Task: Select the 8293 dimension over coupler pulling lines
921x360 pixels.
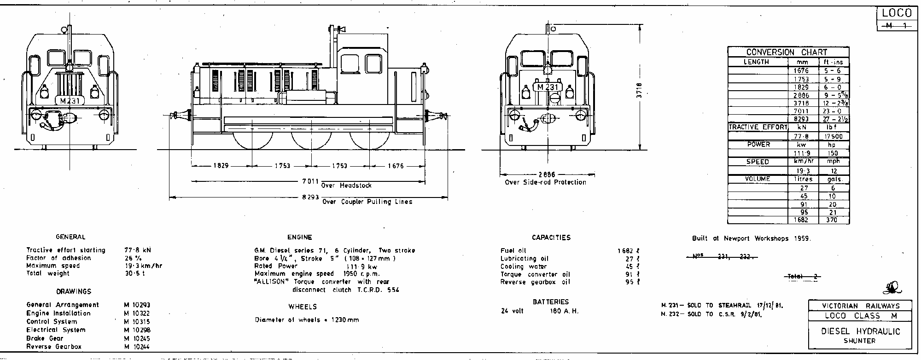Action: click(311, 197)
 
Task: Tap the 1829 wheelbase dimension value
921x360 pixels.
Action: click(221, 166)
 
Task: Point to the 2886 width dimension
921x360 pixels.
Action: click(547, 175)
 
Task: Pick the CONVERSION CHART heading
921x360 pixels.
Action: click(787, 52)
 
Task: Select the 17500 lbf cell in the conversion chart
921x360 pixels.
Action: click(834, 136)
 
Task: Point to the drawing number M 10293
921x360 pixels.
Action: click(137, 305)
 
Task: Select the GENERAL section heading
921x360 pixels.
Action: click(70, 237)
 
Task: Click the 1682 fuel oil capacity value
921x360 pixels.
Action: click(626, 251)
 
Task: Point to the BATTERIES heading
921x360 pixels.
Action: click(551, 302)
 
